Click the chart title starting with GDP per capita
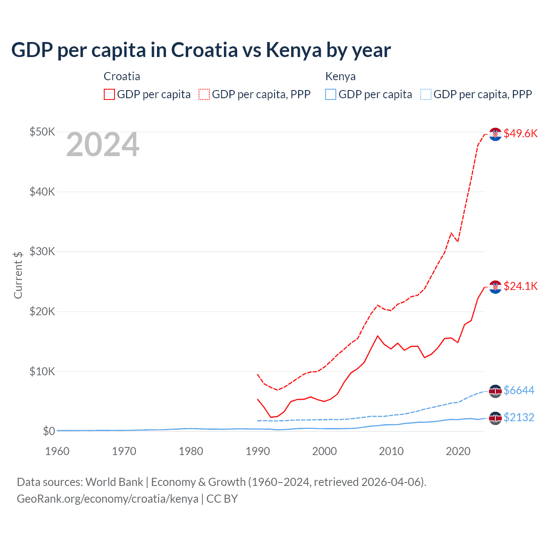[201, 50]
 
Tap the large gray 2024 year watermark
[103, 145]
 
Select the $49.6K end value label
[520, 133]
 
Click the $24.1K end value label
[520, 286]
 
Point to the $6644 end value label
[519, 390]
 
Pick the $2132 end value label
[519, 417]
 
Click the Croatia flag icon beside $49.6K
[495, 134]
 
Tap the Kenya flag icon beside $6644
[495, 391]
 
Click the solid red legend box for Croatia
[109, 94]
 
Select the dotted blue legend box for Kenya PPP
[425, 94]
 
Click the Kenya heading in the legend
[340, 76]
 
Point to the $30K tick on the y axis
[42, 251]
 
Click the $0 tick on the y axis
[48, 431]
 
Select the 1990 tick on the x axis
[257, 451]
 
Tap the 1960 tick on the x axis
[57, 451]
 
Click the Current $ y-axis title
[18, 275]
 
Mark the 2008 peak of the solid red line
[377, 336]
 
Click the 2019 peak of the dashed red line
[451, 233]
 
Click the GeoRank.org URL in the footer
[107, 499]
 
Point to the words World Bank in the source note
[114, 482]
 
